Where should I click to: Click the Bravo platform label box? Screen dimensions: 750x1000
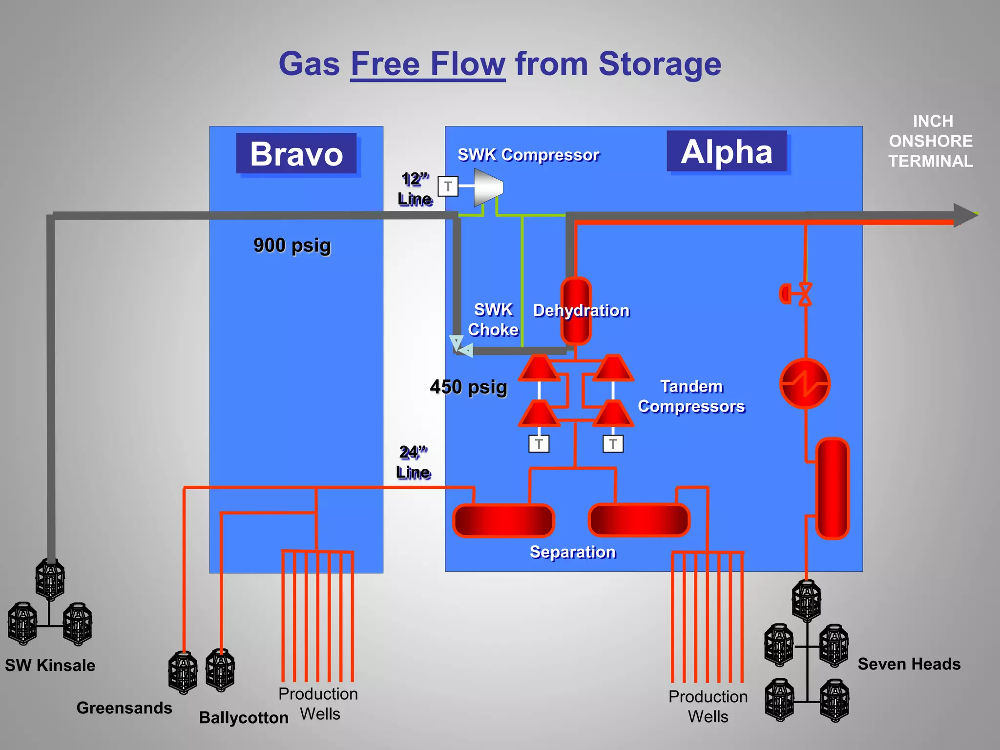(296, 154)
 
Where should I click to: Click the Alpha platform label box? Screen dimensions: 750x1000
(727, 151)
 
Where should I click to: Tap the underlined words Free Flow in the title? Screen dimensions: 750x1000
(428, 64)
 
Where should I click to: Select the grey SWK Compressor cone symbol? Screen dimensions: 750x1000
(488, 187)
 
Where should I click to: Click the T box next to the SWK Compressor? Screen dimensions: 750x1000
(448, 186)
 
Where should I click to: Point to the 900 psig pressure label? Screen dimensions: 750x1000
(292, 245)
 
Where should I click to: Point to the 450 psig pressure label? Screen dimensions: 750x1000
(468, 387)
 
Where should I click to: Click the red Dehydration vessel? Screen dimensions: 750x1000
(576, 311)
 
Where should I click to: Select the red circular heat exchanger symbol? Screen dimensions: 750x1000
(805, 384)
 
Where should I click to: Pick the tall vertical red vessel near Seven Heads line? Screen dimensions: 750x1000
(833, 488)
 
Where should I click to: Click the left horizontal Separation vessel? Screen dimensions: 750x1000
(503, 521)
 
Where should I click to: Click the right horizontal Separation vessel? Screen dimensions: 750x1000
(639, 520)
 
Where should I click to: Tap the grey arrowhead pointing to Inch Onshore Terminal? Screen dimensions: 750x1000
(965, 215)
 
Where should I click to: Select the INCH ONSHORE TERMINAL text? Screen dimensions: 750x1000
(931, 141)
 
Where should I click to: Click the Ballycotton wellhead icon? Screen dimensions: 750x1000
(220, 670)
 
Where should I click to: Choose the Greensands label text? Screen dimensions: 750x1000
(124, 708)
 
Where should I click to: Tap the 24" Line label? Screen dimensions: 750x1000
(413, 462)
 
